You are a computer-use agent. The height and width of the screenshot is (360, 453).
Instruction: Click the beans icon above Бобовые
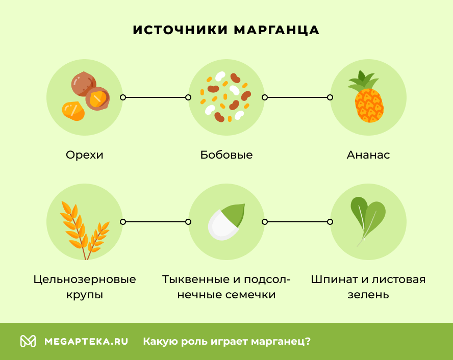point(226,97)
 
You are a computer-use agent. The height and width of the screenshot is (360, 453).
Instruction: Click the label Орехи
point(85,155)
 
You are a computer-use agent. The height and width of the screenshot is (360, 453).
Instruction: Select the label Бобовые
point(226,155)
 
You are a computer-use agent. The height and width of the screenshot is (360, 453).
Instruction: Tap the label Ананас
point(368,155)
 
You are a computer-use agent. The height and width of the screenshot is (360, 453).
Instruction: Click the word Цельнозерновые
point(85,279)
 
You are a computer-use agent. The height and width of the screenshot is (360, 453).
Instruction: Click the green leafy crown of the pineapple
point(364,80)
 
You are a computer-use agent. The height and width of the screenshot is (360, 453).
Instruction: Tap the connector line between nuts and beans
point(155,97)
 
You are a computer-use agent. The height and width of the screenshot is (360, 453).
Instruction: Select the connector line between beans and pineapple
point(297,97)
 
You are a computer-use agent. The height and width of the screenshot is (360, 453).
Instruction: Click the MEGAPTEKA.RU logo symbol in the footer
point(28,341)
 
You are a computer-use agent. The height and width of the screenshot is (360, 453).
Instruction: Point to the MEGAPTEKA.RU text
point(86,341)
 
